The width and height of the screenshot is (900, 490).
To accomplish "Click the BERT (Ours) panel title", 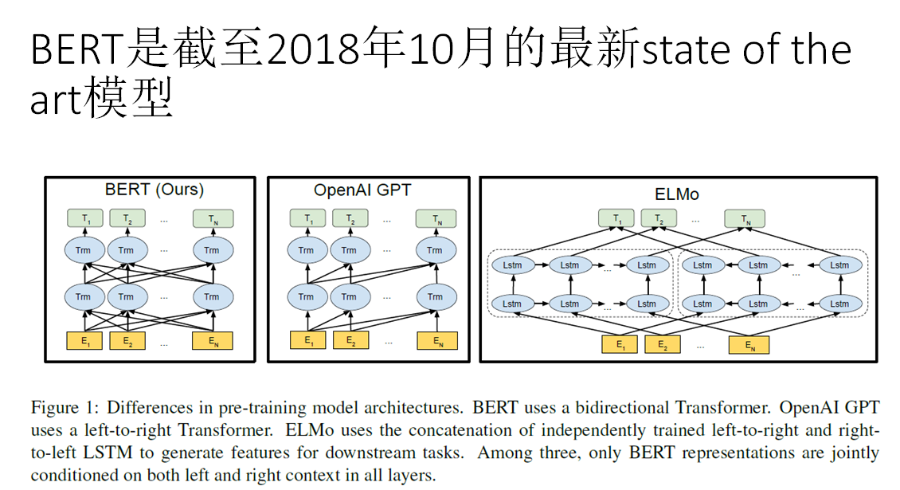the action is [155, 190].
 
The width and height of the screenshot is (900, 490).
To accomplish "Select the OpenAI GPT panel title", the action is [362, 190].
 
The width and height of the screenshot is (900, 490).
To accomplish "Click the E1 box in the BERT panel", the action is [84, 341].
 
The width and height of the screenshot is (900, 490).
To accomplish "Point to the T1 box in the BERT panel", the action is [84, 218].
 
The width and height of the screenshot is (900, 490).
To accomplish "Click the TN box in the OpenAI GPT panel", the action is [435, 218].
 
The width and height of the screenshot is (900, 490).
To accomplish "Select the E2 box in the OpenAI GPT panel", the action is [349, 341].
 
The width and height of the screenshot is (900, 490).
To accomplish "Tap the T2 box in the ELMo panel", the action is [659, 219].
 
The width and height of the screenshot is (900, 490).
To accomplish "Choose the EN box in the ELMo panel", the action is [749, 344].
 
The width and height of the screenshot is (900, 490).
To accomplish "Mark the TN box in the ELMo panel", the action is [745, 219].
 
